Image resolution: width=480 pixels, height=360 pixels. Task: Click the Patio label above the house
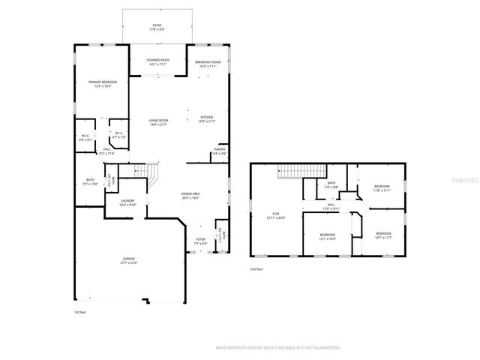[157, 27]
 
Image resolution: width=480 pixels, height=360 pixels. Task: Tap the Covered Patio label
[157, 62]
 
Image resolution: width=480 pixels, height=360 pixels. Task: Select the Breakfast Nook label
[208, 62]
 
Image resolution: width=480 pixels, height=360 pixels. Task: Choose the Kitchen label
[207, 118]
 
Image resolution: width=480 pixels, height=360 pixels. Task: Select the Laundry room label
[128, 202]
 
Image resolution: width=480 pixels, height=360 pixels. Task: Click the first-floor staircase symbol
[152, 177]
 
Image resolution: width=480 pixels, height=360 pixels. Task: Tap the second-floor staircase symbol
[292, 172]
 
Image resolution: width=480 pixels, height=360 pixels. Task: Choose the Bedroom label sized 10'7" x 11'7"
[382, 235]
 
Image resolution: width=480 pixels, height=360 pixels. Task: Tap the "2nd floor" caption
[257, 268]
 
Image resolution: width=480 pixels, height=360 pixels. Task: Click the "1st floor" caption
[80, 311]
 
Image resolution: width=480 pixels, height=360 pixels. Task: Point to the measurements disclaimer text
[277, 348]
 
